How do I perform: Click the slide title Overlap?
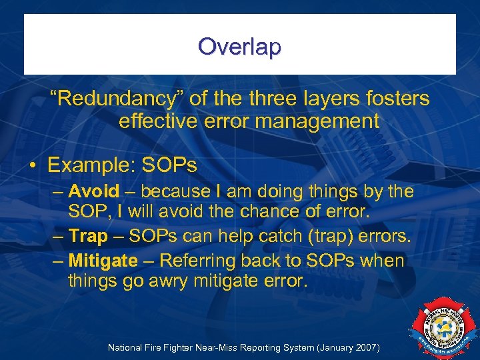pos(239,47)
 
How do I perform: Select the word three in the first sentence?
pos(274,99)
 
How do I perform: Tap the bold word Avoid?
pos(94,192)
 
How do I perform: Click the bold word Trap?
pos(88,237)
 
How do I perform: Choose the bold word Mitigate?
pos(103,260)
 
